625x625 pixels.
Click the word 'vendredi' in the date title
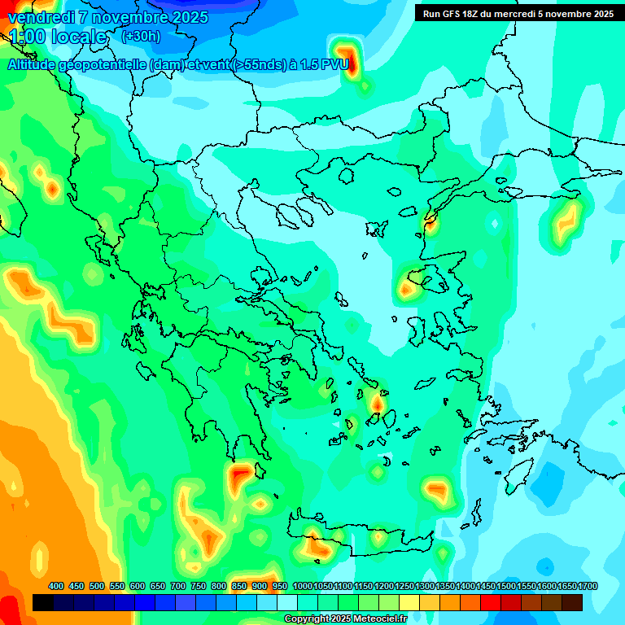41,17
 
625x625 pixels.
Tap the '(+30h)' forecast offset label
141,36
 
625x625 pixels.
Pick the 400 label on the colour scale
56,586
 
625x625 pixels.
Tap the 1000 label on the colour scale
302,586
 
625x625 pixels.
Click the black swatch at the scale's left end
43,602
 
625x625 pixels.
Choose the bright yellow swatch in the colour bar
409,602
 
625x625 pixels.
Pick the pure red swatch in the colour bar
491,602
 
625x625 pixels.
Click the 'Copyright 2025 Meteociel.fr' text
345,619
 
